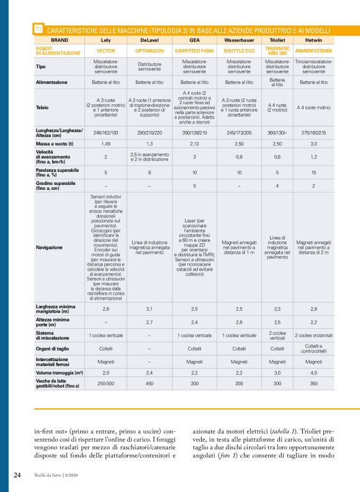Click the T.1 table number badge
click(38, 29)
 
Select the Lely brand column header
click(106, 39)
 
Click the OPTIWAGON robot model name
click(150, 50)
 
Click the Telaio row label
click(43, 107)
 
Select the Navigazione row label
click(50, 248)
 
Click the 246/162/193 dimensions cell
click(106, 133)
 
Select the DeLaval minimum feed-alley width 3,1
click(150, 308)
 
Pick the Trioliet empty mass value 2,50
click(277, 143)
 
